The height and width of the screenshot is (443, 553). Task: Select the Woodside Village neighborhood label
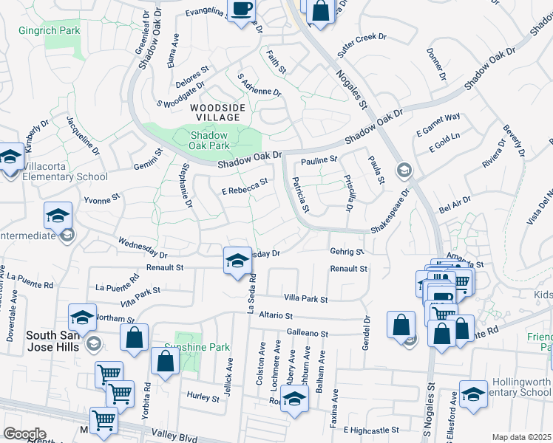coord(215,112)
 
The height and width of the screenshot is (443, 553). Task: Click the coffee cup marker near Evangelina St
coord(241,10)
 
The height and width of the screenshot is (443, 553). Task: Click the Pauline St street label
coord(319,159)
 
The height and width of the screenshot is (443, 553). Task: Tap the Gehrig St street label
coord(347,252)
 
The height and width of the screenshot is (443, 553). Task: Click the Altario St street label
coord(276,315)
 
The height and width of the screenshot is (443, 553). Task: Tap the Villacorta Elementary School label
coord(65,176)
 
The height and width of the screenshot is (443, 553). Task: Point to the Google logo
coord(24,433)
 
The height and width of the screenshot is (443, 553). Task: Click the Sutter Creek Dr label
coord(362,41)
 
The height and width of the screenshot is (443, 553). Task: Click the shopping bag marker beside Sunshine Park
coord(165,361)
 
